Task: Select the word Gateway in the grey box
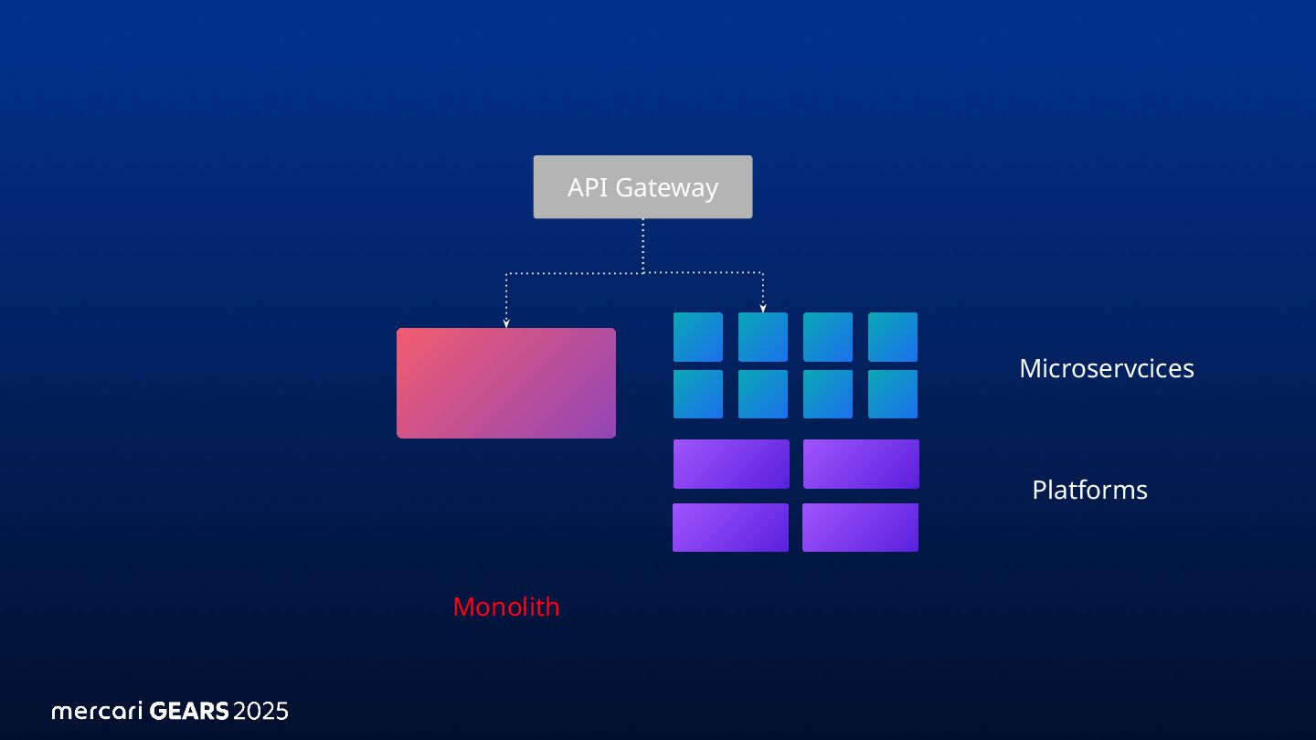pos(666,188)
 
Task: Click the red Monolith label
pos(505,607)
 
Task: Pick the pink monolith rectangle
pos(505,383)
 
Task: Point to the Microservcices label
pos(1106,368)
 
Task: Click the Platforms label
pos(1089,490)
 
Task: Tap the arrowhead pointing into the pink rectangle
pos(505,322)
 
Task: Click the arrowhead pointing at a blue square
pos(763,308)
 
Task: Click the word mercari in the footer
pos(97,711)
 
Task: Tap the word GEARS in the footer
pos(188,711)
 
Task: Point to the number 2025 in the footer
pos(260,711)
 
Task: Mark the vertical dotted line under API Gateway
pos(642,244)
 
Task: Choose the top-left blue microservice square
pos(698,337)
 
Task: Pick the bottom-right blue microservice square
pos(893,394)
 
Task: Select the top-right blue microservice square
pos(893,337)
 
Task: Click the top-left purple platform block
pos(731,464)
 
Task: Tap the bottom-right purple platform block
pos(860,527)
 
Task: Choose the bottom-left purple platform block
pos(730,527)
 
